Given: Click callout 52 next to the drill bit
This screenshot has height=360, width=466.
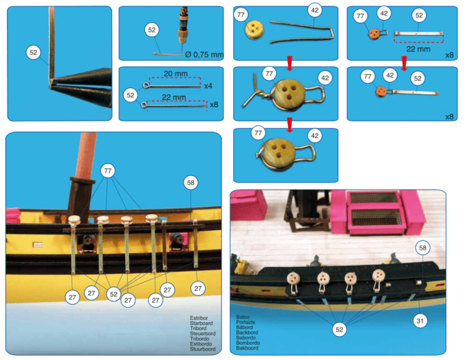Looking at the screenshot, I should pyautogui.click(x=153, y=30).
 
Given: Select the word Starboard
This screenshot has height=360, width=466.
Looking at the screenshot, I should pyautogui.click(x=203, y=323).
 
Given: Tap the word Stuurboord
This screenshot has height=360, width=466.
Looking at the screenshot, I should pyautogui.click(x=203, y=350).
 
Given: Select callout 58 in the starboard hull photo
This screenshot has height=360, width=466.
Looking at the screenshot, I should pyautogui.click(x=191, y=182).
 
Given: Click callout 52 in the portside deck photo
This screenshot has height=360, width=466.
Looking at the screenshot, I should pyautogui.click(x=339, y=330).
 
